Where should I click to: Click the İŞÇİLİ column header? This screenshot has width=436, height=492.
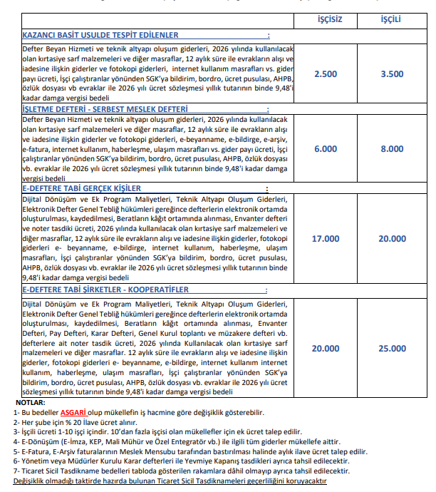[391, 17]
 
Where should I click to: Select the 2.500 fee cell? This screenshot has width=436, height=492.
[326, 73]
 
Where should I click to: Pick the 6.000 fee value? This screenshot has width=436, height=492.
[326, 149]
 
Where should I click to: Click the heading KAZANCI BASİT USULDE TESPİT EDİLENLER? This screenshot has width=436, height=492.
[100, 35]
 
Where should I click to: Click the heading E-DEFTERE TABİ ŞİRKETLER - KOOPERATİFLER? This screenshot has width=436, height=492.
[105, 290]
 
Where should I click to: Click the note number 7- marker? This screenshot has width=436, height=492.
[17, 471]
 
